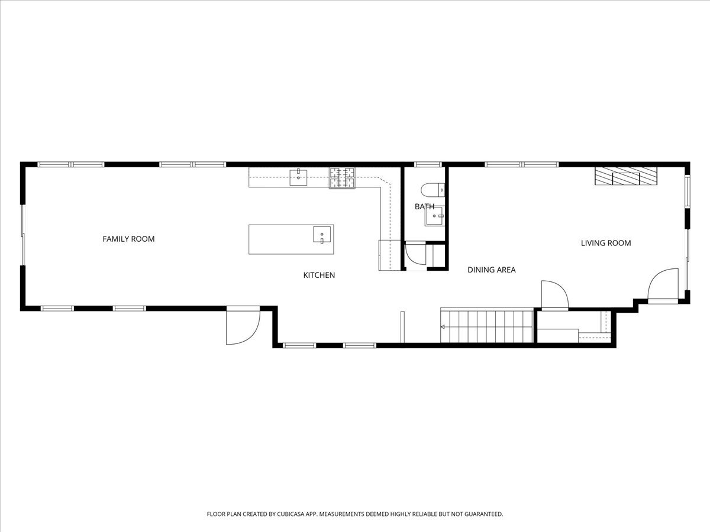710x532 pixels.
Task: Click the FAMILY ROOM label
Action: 128,239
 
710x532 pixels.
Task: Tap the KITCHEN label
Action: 319,275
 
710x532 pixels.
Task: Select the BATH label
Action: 424,206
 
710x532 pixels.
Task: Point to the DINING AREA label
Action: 491,270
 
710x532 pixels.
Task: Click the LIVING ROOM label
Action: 605,243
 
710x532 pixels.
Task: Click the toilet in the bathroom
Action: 433,190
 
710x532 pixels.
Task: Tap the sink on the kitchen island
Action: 322,235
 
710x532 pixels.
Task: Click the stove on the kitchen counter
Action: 342,178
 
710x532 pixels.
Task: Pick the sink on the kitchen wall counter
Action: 298,177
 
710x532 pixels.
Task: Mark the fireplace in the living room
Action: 626,177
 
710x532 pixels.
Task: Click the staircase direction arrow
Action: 443,326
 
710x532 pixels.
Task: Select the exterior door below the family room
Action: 243,325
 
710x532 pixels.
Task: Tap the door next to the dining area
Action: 555,295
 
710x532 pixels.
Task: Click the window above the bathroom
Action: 427,164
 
